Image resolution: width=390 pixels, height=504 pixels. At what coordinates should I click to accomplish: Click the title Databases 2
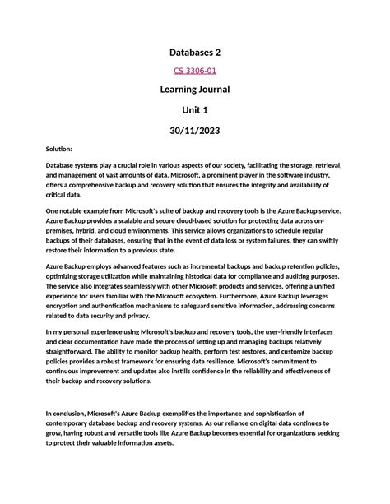pos(195,52)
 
